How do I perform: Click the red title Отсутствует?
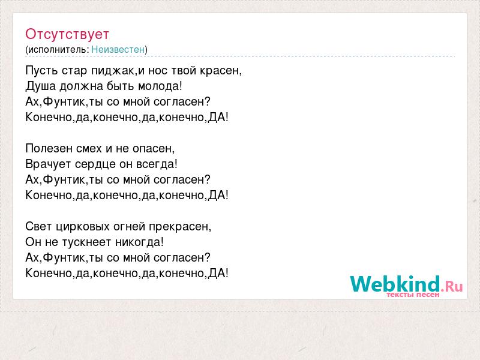point(67,34)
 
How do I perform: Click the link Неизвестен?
point(118,49)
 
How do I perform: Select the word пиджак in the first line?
point(113,71)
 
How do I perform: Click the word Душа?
point(41,86)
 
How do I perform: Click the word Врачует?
point(49,164)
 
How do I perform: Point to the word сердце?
point(95,164)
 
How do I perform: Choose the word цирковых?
point(83,227)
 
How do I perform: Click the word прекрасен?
point(178,227)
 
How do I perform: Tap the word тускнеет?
point(87,242)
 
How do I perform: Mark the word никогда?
point(138,242)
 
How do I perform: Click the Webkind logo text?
point(395,283)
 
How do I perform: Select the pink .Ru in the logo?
point(452,286)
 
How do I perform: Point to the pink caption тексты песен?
point(413,295)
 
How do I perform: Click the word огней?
point(129,227)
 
